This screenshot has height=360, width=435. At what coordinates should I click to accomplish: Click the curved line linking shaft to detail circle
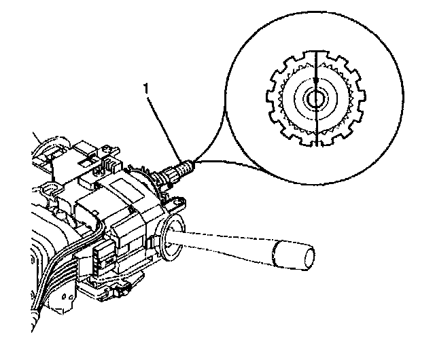click(x=217, y=161)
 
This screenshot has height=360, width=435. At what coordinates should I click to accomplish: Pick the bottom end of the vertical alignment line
click(x=317, y=145)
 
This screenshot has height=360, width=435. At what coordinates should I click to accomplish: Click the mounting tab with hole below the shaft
click(x=179, y=202)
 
